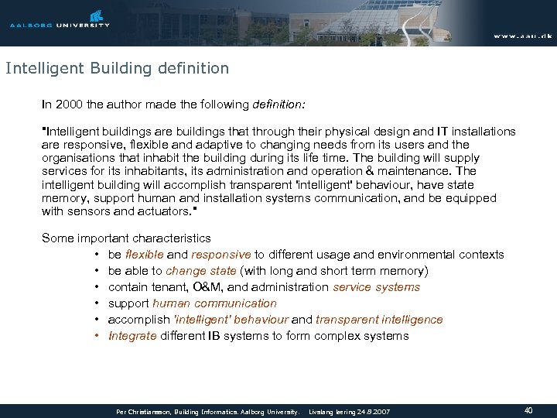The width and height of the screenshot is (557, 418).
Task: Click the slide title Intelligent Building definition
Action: tap(118, 68)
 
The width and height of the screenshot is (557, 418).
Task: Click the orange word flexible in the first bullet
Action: tap(144, 255)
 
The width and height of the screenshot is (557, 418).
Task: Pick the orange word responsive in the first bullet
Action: tap(220, 255)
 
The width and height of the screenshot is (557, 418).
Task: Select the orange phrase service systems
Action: tap(376, 287)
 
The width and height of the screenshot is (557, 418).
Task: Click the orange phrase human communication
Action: tap(214, 303)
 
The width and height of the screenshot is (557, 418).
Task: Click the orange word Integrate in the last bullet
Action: tap(133, 336)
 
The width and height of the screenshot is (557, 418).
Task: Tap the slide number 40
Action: tap(528, 410)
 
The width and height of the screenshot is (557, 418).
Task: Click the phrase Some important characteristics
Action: tap(126, 238)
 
